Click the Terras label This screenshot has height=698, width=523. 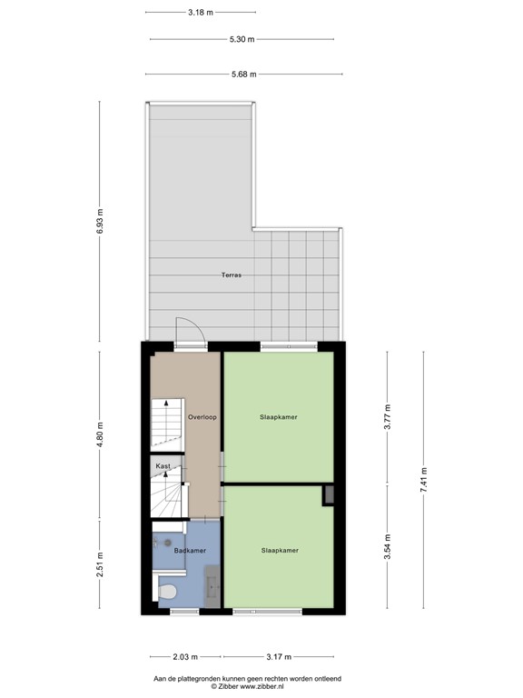pyautogui.click(x=230, y=274)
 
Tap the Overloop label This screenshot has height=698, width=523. pyautogui.click(x=202, y=417)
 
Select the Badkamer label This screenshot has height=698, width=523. pyautogui.click(x=191, y=551)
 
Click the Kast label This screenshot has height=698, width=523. pyautogui.click(x=163, y=466)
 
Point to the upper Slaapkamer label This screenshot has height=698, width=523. pyautogui.click(x=280, y=417)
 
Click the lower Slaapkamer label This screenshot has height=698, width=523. pyautogui.click(x=280, y=550)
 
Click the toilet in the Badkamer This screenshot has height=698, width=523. pyautogui.click(x=167, y=593)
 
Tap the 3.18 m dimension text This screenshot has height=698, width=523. pyautogui.click(x=201, y=13)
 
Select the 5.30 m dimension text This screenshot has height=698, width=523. pyautogui.click(x=241, y=40)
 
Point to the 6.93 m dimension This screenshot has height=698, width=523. pyautogui.click(x=100, y=221)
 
